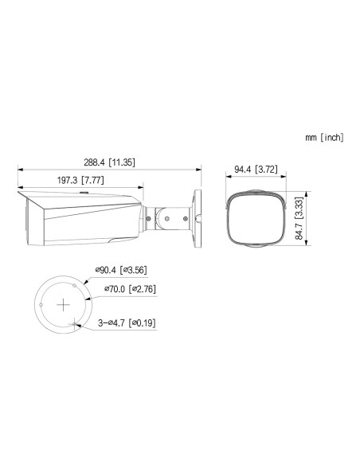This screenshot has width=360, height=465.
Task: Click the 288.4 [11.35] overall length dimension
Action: (109, 162)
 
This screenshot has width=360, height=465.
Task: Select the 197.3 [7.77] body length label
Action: (81, 182)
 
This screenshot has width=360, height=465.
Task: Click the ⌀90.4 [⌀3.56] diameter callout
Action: (122, 271)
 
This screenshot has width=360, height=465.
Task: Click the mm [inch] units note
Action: (324, 138)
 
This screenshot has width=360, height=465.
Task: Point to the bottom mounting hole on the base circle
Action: (75, 324)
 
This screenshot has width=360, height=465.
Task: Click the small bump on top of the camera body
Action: (83, 191)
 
